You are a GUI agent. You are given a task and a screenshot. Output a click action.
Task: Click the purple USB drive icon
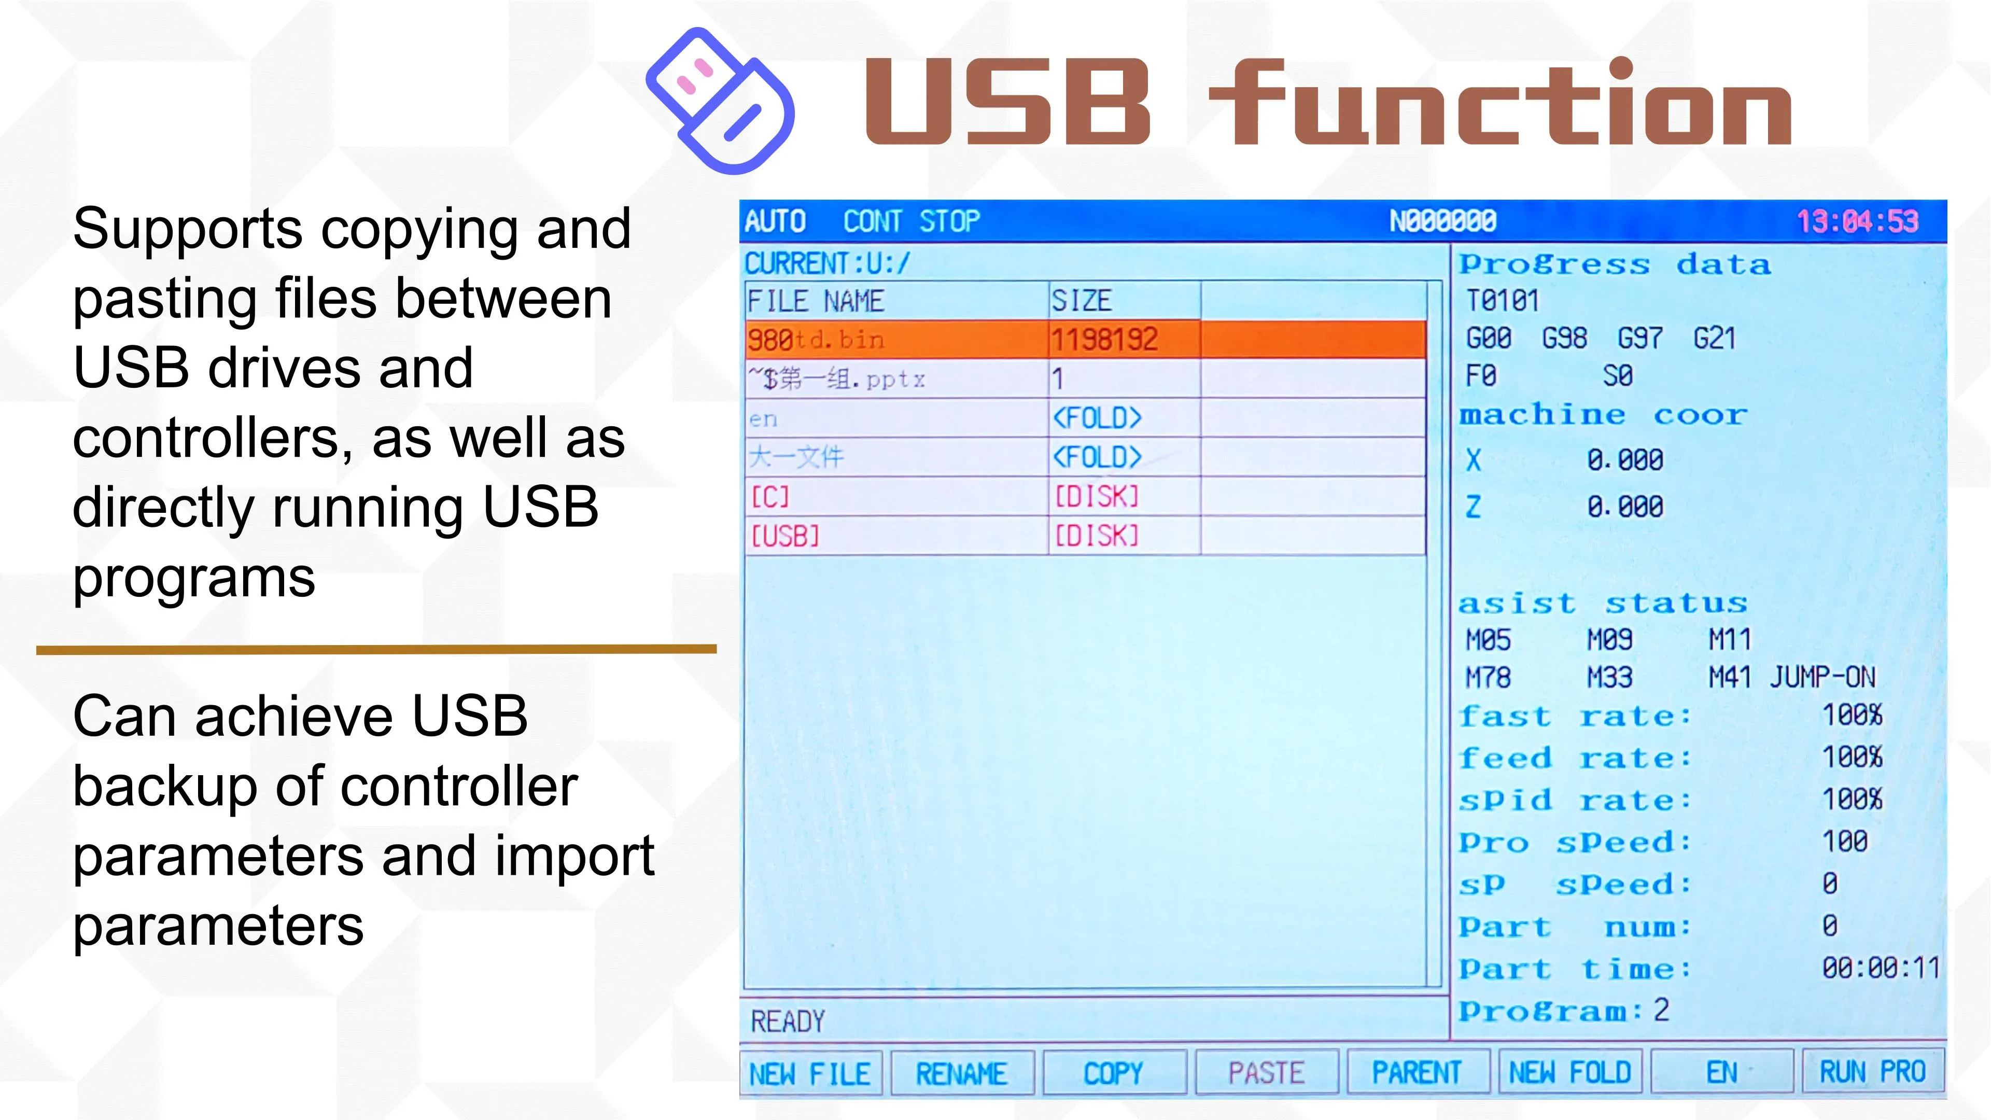point(720,101)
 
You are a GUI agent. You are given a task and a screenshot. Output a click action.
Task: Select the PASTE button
point(1266,1073)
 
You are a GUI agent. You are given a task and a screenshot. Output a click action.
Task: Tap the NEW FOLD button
point(1570,1073)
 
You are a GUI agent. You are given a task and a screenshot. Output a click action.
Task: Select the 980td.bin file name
point(816,339)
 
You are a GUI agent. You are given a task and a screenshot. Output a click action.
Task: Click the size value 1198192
point(1104,339)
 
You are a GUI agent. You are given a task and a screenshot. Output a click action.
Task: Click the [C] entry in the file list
point(770,496)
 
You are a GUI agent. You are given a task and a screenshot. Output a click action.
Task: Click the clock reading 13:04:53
point(1857,222)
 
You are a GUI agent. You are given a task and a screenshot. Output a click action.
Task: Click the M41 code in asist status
point(1730,677)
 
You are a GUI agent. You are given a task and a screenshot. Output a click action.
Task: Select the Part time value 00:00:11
point(1881,967)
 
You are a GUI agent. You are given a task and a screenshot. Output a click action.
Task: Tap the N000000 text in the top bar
point(1443,222)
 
